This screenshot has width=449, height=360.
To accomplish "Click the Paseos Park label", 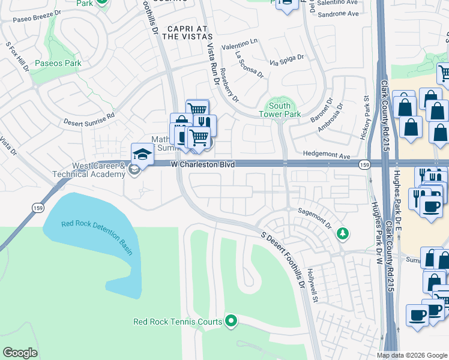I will pos(56,62).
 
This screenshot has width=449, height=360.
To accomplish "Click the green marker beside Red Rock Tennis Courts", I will pos(231,322).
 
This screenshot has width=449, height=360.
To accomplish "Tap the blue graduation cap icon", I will pos(143,155).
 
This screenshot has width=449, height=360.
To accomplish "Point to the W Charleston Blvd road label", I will pos(202,164).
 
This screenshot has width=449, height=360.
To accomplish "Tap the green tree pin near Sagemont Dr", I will pos(342,233).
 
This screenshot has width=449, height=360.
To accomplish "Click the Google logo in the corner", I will pos(20,353).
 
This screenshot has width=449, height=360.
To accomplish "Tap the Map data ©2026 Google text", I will pos(412,355).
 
